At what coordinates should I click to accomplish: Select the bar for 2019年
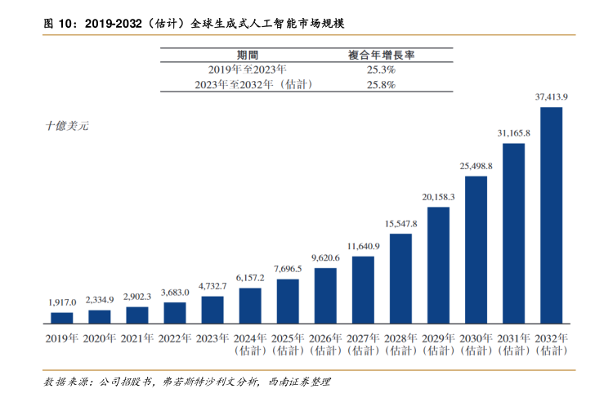[62, 319]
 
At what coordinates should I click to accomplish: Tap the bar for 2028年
[400, 279]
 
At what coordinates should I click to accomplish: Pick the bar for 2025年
[288, 302]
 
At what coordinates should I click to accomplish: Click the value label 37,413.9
[551, 96]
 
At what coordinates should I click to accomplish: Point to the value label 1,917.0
[62, 302]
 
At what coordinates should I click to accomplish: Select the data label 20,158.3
[438, 197]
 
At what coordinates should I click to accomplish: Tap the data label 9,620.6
[325, 257]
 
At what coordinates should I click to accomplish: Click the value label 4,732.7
[213, 286]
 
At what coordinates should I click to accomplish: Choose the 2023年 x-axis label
[213, 338]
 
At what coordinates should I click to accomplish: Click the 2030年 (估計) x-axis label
[476, 344]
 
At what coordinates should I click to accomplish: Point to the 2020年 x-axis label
[100, 338]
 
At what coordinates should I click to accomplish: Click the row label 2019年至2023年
[248, 69]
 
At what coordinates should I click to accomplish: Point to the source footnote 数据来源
[188, 381]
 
